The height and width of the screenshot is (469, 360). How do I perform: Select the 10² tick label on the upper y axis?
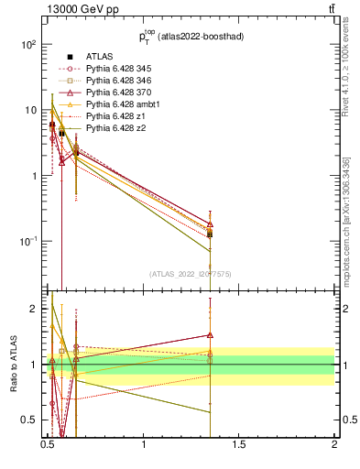pos(27,44)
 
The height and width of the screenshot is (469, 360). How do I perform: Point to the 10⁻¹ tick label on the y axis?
pos(27,241)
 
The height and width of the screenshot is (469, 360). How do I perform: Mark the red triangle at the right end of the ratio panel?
pos(210,335)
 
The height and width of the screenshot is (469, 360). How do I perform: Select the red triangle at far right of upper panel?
pos(210,224)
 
